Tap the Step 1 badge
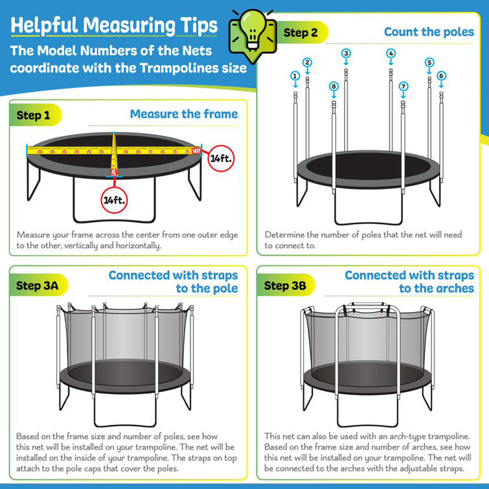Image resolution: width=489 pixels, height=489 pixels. (34, 115)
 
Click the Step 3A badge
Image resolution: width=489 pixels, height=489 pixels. (37, 285)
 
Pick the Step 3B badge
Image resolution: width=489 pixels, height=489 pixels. (286, 286)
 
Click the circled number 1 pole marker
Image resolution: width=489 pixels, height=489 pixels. (295, 76)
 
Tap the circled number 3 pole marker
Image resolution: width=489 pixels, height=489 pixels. (347, 53)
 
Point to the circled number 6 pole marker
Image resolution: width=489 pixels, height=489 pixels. (441, 76)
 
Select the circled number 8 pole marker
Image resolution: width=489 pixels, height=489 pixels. (334, 86)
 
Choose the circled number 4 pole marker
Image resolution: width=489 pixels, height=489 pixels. (391, 53)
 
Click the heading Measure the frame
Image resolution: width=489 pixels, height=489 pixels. (184, 114)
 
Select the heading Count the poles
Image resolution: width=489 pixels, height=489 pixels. (429, 32)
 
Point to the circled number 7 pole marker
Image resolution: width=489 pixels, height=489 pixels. (404, 86)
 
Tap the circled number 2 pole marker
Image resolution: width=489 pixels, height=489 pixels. (308, 62)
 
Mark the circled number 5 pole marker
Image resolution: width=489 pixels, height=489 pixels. (429, 62)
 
